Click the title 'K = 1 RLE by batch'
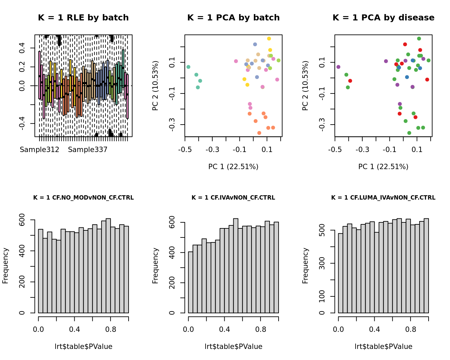(x=83, y=18)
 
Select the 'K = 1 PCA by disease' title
(x=383, y=18)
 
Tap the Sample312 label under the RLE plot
(x=40, y=150)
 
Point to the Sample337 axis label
(x=88, y=150)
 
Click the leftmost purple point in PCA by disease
(x=338, y=67)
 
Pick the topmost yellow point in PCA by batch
(x=269, y=39)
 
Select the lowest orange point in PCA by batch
(x=259, y=133)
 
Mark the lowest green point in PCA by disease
(x=409, y=133)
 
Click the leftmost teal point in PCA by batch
(x=188, y=67)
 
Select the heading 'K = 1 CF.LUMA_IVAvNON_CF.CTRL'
(x=383, y=198)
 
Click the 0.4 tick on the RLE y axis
(x=22, y=48)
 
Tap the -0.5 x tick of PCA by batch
(x=185, y=149)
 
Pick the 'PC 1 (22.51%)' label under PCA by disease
(x=383, y=167)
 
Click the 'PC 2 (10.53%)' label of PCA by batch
(x=155, y=86)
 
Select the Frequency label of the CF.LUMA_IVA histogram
(x=305, y=266)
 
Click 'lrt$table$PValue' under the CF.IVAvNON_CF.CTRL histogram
(x=233, y=347)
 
